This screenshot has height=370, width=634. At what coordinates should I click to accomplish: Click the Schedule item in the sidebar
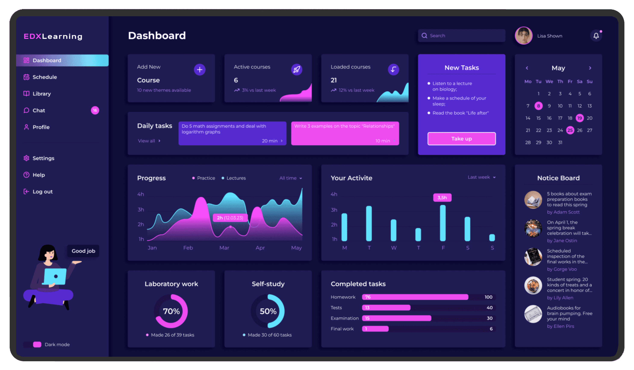tap(44, 77)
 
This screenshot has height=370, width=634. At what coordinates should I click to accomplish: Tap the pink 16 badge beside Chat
tap(95, 110)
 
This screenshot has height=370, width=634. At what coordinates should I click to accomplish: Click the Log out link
tap(42, 192)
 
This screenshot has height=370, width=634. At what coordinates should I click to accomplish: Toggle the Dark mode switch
tap(32, 345)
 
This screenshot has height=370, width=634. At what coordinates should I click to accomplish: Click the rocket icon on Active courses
tap(297, 70)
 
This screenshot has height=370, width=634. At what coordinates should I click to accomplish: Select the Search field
tap(461, 36)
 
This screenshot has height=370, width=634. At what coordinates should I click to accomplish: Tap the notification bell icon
tap(596, 36)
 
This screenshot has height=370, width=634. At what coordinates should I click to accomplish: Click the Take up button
tap(461, 139)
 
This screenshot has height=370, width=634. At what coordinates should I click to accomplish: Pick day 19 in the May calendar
tap(579, 118)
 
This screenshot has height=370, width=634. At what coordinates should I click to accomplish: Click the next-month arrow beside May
tap(590, 68)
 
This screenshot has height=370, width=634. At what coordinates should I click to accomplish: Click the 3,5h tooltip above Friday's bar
tap(442, 198)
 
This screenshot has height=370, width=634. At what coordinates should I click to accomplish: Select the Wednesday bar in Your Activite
tap(394, 230)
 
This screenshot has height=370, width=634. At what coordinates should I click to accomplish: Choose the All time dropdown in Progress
tap(290, 178)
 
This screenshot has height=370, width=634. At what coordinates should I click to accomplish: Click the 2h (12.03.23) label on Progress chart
tap(230, 218)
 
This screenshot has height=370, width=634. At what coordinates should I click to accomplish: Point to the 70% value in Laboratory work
tap(171, 311)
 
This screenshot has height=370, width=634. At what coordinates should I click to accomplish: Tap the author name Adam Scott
tap(563, 212)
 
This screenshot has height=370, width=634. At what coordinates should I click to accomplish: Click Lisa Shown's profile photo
tap(523, 36)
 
